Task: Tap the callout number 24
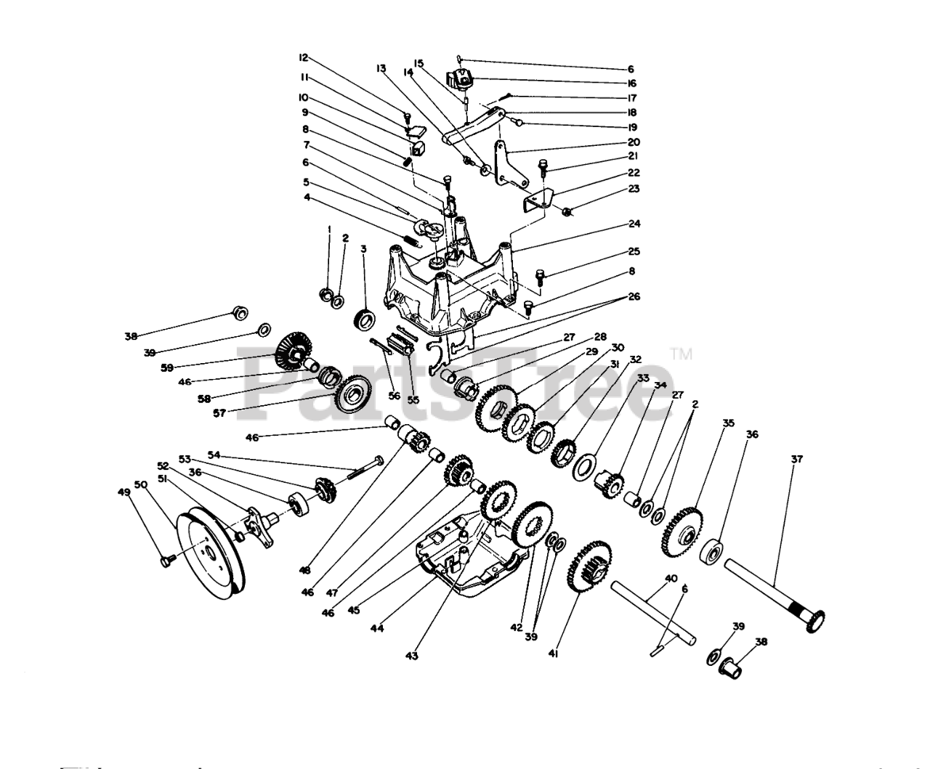click(634, 224)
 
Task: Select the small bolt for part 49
click(166, 560)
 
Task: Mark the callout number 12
click(304, 57)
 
